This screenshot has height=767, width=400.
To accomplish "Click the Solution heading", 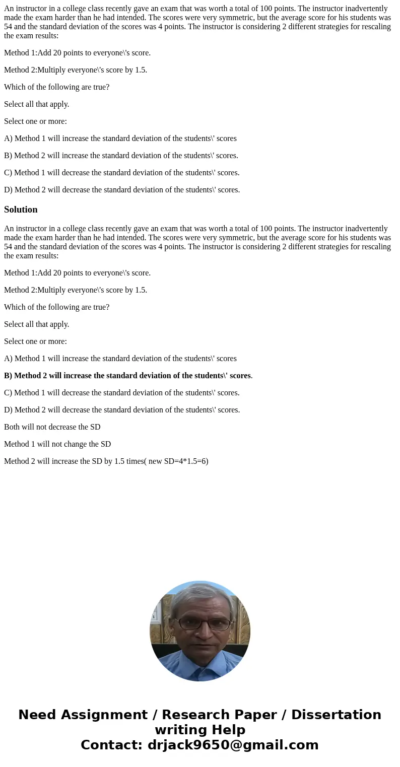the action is (21, 210).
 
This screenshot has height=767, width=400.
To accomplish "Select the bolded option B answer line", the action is (127, 376).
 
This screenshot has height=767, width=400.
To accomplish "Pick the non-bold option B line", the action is (121, 156).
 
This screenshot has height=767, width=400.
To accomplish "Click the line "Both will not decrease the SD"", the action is (52, 427).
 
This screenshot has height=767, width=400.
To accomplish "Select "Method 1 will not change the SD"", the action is (57, 444).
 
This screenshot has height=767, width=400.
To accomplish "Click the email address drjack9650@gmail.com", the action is (233, 745).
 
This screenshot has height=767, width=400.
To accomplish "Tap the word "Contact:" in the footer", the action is (111, 745).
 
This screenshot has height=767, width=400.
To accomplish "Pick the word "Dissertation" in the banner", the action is (336, 715).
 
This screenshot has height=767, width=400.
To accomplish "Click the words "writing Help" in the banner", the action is (200, 730).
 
